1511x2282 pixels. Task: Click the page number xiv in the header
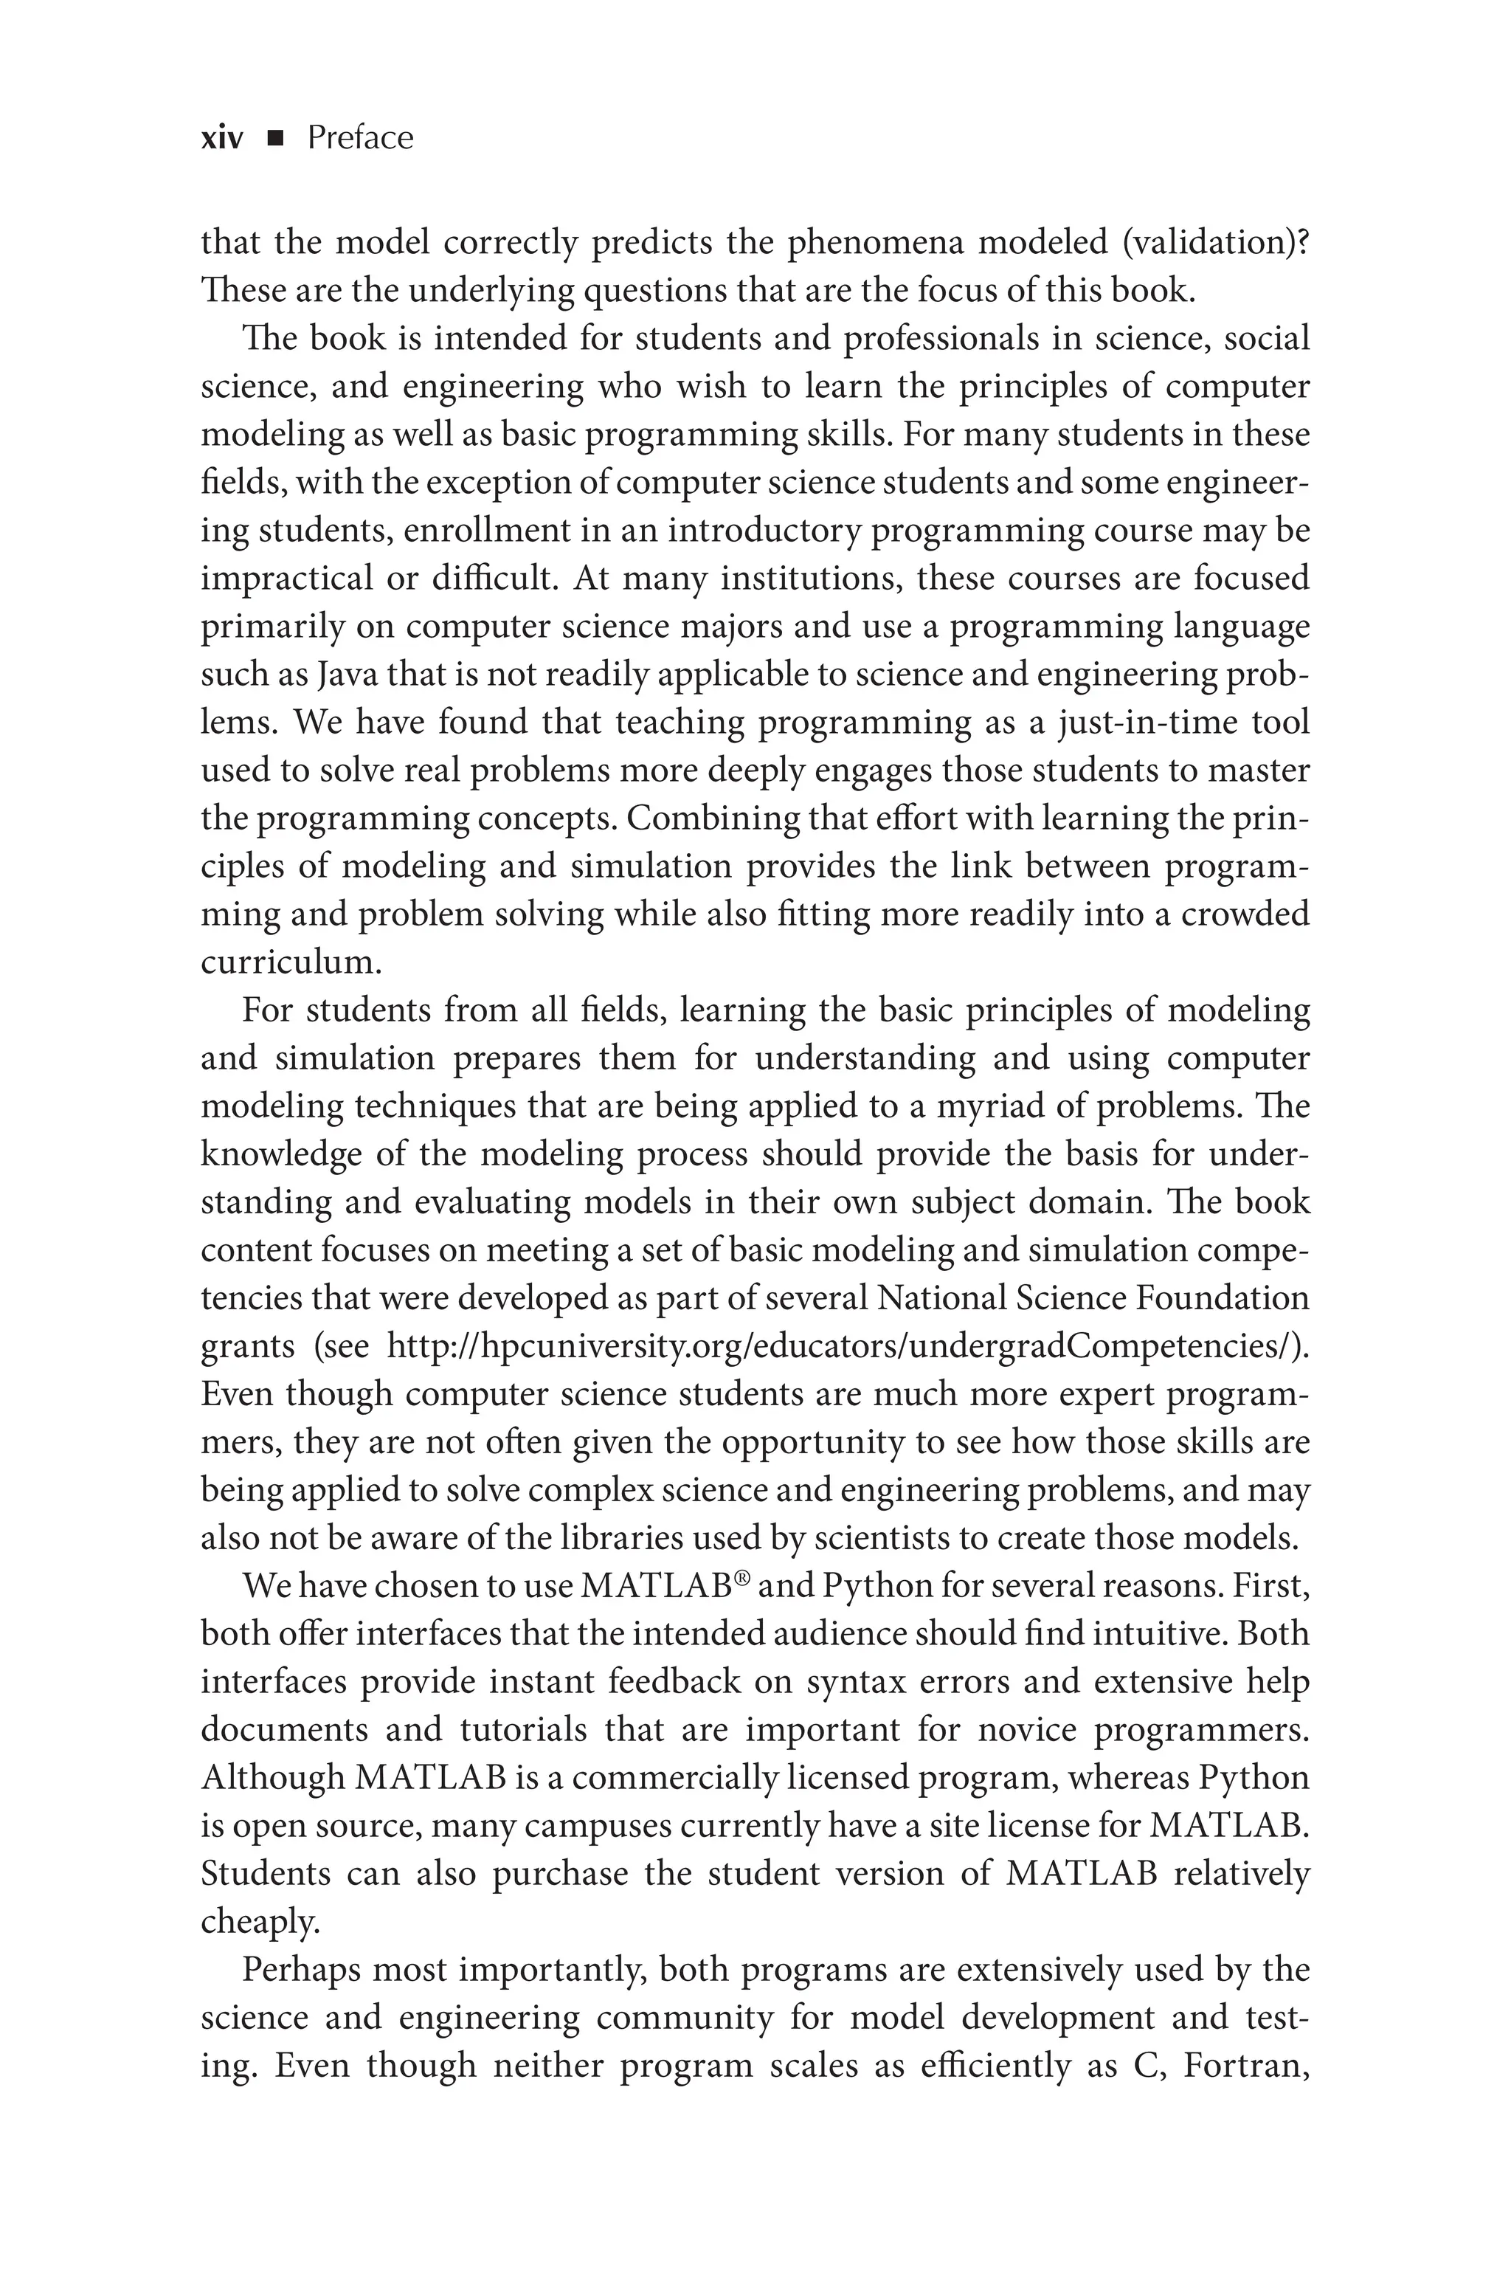[x=221, y=139]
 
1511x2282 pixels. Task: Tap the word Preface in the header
[x=359, y=139]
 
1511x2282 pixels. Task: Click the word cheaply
[x=258, y=1923]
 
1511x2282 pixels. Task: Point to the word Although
[x=273, y=1778]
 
